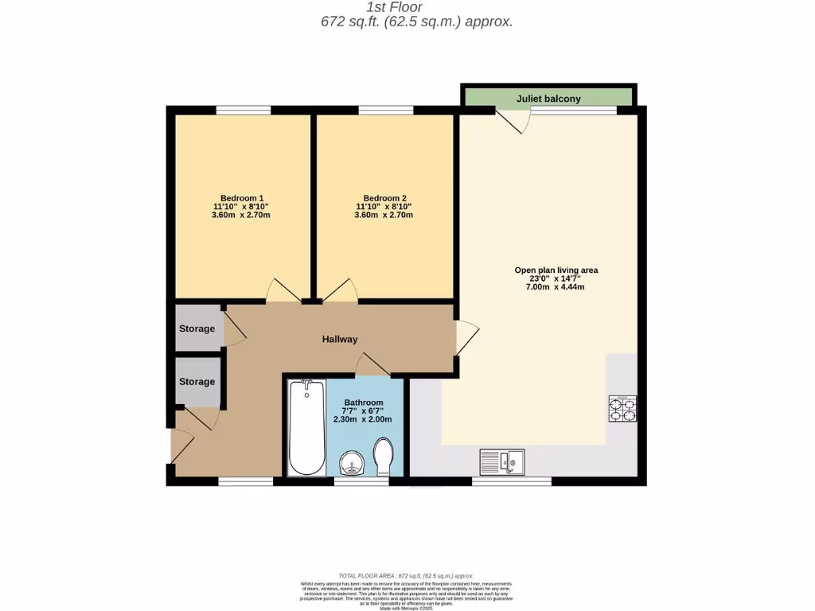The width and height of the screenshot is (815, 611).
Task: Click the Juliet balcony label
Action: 548,99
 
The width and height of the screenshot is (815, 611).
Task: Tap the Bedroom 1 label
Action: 242,198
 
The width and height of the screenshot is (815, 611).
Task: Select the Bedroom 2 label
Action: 384,198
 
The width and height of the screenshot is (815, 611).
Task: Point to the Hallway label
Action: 340,339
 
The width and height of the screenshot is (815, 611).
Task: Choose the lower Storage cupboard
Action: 197,382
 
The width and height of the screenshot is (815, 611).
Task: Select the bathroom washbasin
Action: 351,463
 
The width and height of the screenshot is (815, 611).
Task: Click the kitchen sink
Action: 501,460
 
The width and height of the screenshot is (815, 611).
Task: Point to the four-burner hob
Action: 622,407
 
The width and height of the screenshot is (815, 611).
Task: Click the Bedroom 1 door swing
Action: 283,292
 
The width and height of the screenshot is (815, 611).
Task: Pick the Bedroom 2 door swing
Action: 340,292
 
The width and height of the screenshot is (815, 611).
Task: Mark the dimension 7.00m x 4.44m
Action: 555,287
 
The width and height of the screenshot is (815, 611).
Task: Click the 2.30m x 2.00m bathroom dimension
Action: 363,419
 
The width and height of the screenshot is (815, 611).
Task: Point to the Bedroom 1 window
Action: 243,110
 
